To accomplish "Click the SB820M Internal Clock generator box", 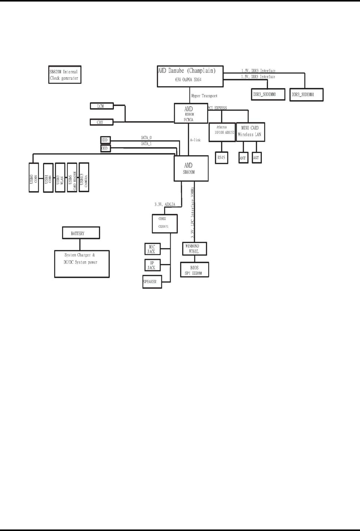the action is tap(64, 75).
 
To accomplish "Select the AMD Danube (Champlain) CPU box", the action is tap(190, 76).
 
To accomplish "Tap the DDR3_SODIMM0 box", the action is tap(268, 94).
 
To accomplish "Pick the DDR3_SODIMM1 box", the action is tap(306, 94).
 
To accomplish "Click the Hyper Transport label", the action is tap(204, 96).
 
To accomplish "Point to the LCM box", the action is tap(102, 106).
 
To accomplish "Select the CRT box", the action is tap(102, 122).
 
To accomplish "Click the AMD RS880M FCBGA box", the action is tap(191, 114).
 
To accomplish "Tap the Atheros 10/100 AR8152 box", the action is tap(222, 132).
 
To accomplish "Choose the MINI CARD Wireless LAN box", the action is tap(250, 132).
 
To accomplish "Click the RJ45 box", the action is tap(222, 158).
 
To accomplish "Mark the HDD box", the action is tap(105, 140).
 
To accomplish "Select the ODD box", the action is tap(105, 148).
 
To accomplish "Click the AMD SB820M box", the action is tap(191, 168).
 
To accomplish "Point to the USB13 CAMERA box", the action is tap(84, 177).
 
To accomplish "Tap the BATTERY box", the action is tap(81, 233).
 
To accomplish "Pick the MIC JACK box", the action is tap(152, 249).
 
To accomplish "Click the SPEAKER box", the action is tap(152, 282).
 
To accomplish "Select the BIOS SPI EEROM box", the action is tap(194, 270).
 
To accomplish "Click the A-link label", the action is tap(196, 140).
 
